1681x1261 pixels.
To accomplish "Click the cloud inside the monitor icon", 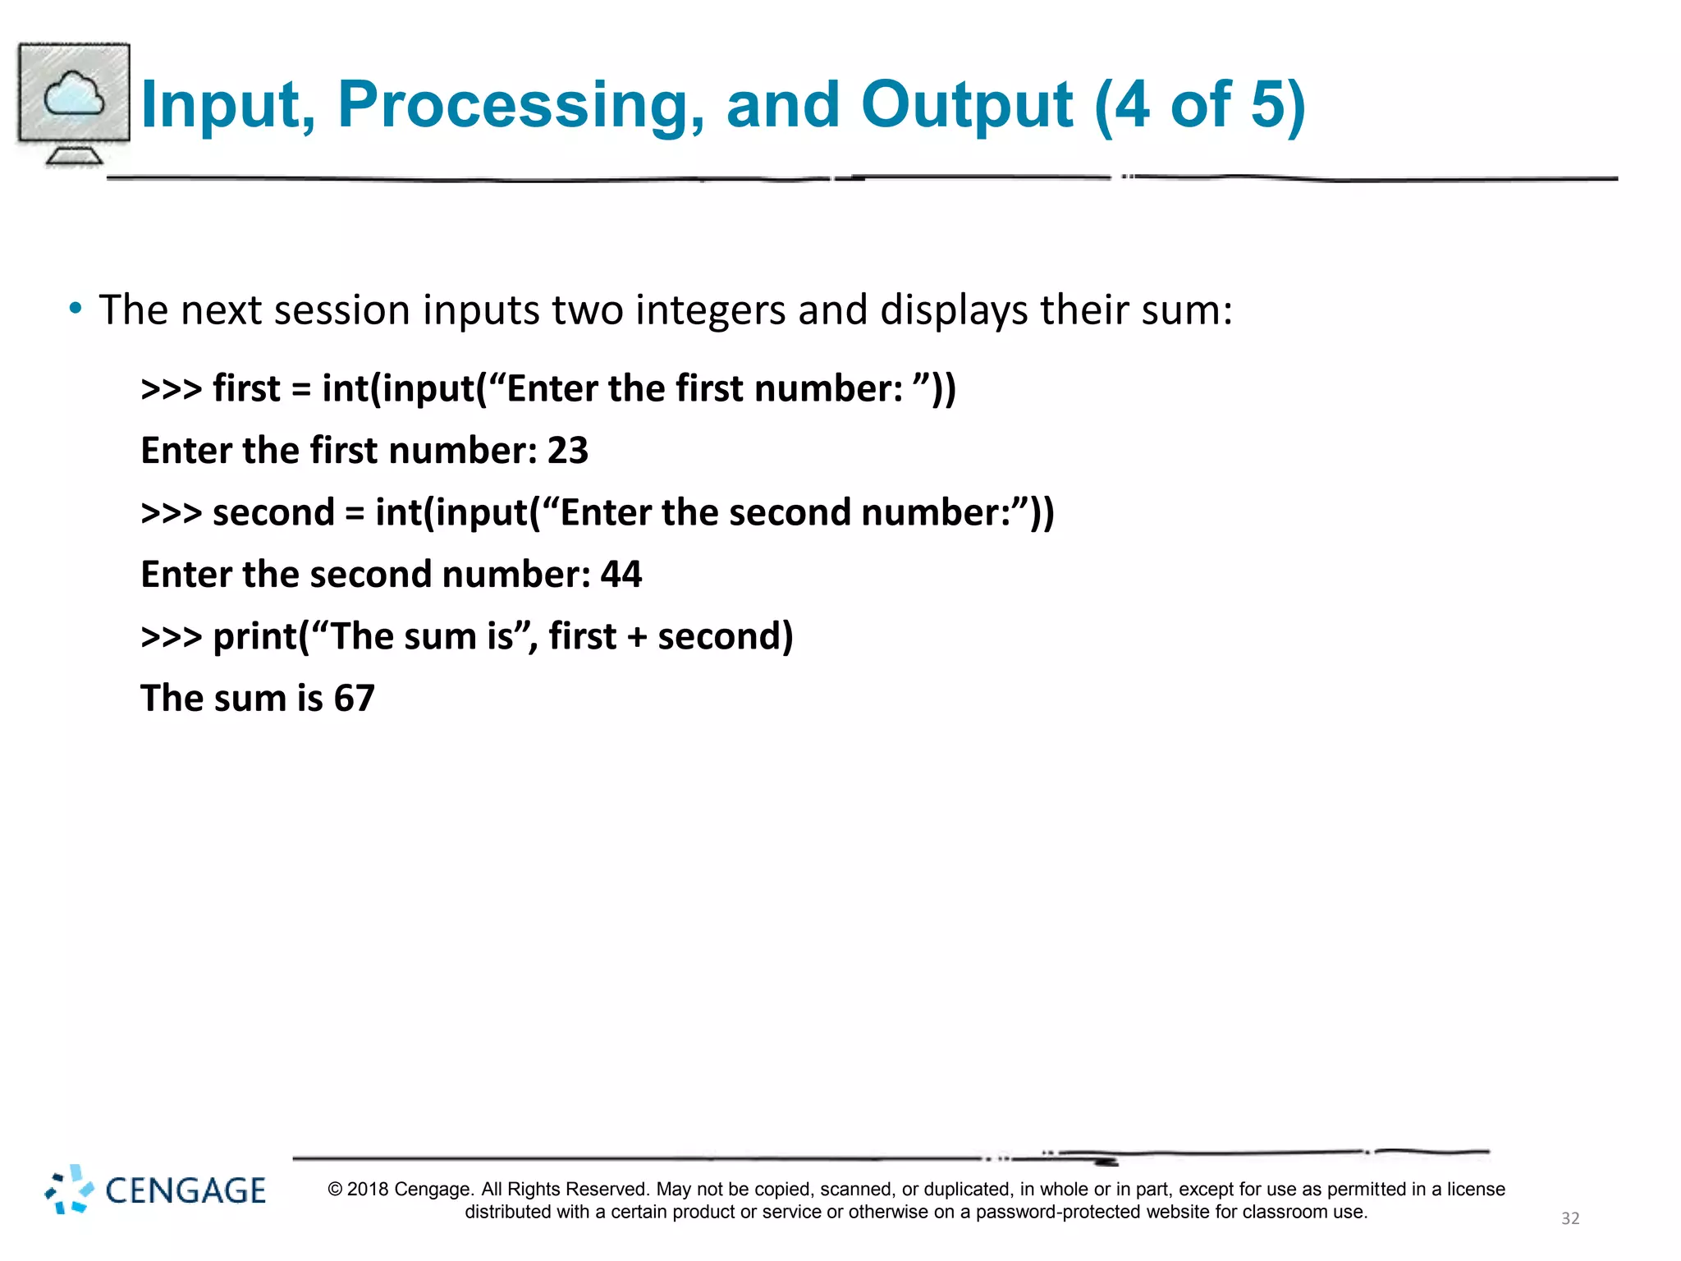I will point(74,94).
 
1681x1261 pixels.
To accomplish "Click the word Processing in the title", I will point(520,105).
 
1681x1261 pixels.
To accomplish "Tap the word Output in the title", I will point(966,105).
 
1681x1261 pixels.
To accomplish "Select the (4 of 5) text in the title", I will point(1199,105).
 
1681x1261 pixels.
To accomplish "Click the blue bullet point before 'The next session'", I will point(76,309).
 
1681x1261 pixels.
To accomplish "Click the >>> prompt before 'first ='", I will point(171,388).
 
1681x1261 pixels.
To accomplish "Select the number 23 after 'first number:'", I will point(568,451).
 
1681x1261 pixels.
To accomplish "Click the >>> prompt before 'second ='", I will point(171,512).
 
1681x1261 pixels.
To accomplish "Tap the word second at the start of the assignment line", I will point(273,512).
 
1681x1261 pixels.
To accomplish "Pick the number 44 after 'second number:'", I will point(621,574).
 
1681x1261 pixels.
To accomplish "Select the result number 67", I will point(354,699).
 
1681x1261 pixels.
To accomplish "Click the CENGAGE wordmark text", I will point(186,1191).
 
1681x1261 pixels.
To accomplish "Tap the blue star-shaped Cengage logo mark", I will point(69,1190).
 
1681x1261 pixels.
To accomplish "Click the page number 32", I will point(1569,1218).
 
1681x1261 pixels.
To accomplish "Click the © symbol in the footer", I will point(334,1190).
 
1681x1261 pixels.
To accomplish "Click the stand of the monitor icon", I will point(74,155).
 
